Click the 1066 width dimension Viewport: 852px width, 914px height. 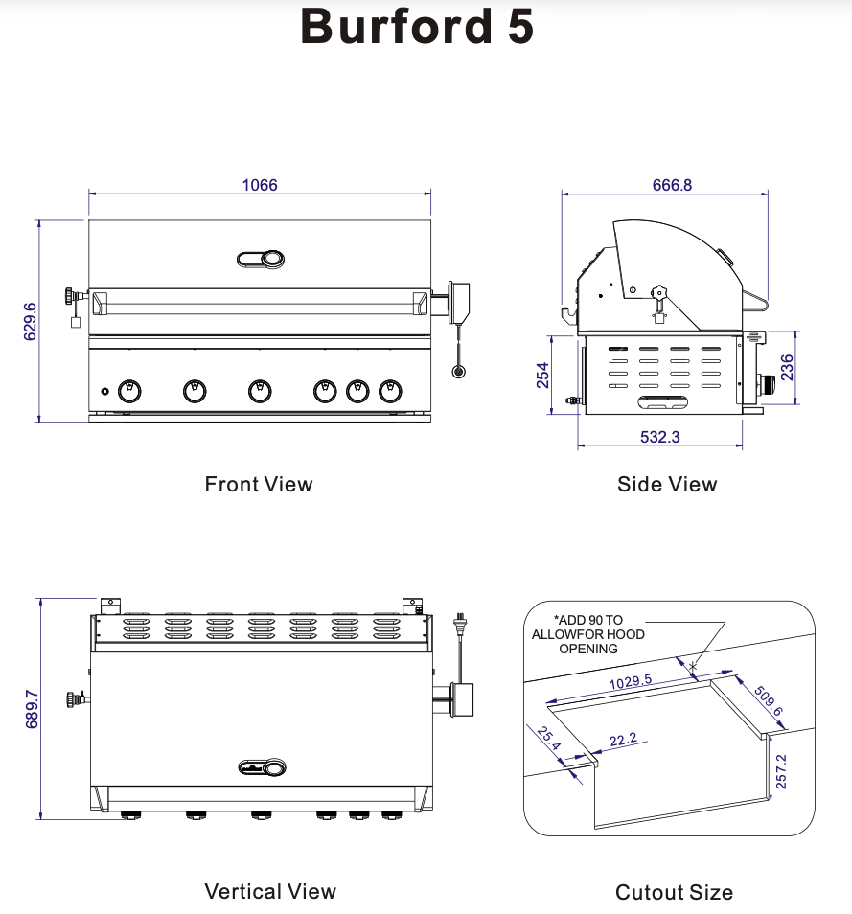[x=260, y=185]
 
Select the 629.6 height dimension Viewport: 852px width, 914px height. [x=30, y=321]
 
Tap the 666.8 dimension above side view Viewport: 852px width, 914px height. [x=672, y=185]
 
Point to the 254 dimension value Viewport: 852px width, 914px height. [x=542, y=375]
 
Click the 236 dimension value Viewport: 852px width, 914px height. [x=787, y=367]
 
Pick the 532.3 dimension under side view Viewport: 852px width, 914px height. [x=659, y=437]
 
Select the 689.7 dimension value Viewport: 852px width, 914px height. [x=30, y=709]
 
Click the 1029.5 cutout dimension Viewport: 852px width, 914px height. [x=630, y=682]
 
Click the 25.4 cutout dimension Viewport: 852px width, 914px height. [x=549, y=741]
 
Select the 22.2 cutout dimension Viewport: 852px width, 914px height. [x=623, y=740]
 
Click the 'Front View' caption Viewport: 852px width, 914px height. [x=259, y=484]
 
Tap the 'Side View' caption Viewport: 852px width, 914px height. [x=667, y=484]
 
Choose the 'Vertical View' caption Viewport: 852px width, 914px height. [x=270, y=891]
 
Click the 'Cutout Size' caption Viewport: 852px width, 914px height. [x=674, y=892]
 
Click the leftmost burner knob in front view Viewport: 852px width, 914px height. [x=128, y=390]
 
